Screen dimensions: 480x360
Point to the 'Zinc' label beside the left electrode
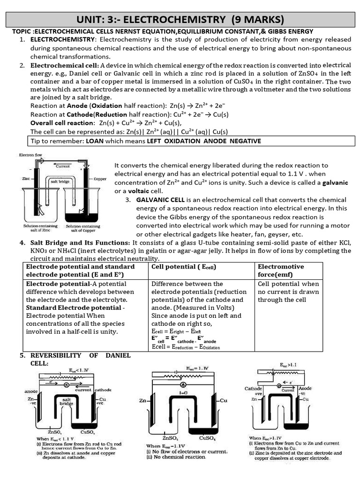(x=26, y=179)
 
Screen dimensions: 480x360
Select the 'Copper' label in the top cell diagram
(x=100, y=179)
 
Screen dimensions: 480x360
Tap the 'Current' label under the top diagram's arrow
(x=63, y=166)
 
